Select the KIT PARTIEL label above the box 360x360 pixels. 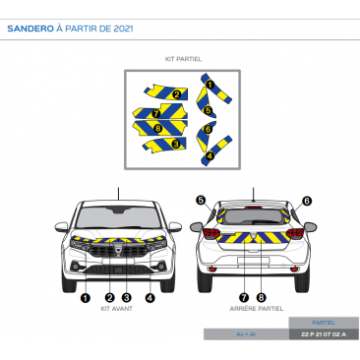point(183,59)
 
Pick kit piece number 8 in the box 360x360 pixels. point(158,128)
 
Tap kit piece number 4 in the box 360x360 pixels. point(209,155)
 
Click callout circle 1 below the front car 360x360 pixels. point(86,296)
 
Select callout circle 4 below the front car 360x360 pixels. point(150,296)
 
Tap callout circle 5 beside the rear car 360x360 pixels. point(201,200)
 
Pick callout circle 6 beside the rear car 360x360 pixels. point(307,200)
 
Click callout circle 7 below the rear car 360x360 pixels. point(244,296)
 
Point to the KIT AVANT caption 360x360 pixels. point(117,308)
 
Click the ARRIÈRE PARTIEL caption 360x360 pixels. point(255,308)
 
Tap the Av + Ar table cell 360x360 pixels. point(245,334)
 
